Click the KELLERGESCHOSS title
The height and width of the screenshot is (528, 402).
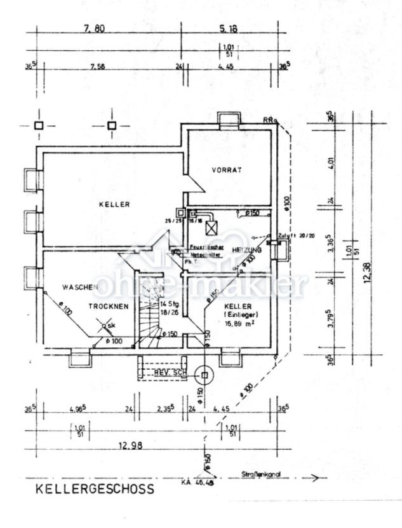94,490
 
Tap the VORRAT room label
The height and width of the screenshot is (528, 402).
227,170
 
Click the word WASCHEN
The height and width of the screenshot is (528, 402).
79,288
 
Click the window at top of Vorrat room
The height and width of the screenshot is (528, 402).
226,120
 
